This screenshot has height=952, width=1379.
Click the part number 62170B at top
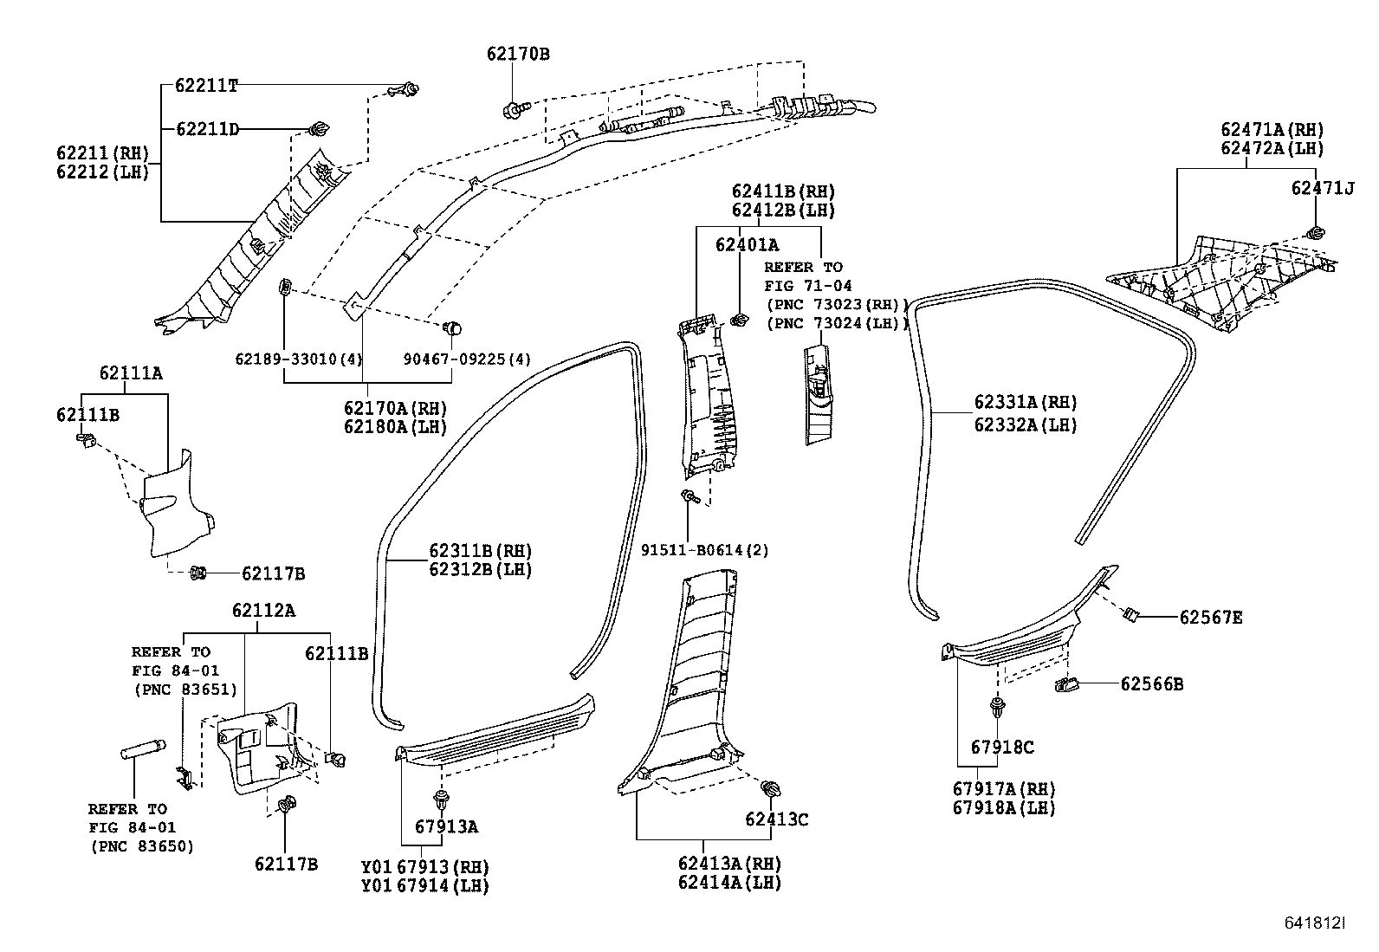tap(518, 54)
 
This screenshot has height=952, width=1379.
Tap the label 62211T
tap(206, 85)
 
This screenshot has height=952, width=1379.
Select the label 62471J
tap(1322, 188)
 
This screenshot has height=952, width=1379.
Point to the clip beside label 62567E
tap(1130, 614)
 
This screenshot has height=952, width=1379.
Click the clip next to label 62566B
tap(1066, 685)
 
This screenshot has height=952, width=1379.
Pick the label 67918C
tap(1002, 747)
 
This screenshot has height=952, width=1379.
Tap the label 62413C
tap(777, 819)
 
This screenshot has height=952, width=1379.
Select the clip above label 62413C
tap(770, 789)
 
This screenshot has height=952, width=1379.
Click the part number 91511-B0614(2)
tap(704, 550)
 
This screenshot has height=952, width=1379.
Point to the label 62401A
tap(747, 245)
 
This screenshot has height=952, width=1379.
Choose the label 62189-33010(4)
tap(299, 359)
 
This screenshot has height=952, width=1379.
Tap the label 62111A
tap(131, 373)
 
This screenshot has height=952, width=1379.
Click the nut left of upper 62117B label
tap(197, 572)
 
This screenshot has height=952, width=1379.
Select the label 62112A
tap(263, 610)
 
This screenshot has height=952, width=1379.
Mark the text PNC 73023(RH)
tap(837, 304)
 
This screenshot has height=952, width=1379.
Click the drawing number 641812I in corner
tap(1314, 923)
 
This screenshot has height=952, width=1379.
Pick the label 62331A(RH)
tap(1025, 402)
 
